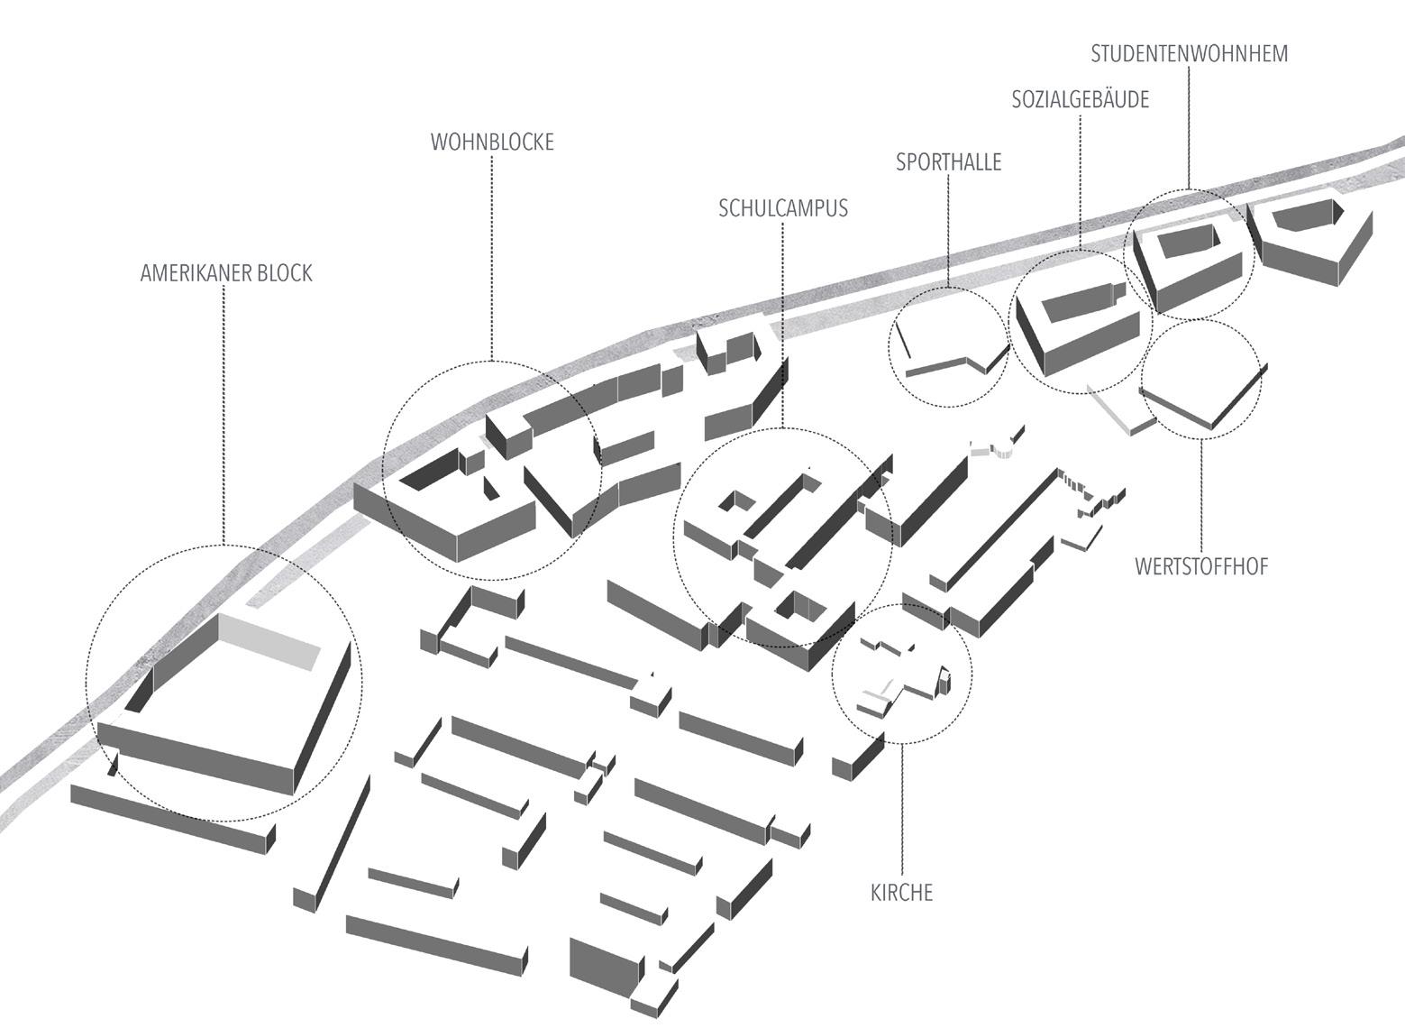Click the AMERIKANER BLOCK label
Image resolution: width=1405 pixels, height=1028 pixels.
tap(225, 273)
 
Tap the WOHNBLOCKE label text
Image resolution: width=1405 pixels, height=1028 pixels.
tap(492, 142)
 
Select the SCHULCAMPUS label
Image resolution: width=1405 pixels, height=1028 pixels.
tap(783, 208)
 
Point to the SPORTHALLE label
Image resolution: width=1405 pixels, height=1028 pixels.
tap(948, 162)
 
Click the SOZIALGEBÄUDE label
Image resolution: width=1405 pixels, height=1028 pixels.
tap(1080, 100)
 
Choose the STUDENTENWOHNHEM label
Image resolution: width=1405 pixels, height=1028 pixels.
tap(1189, 54)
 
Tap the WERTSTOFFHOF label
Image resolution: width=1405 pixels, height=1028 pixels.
tap(1201, 567)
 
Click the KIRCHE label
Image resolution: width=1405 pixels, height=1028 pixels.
tap(901, 893)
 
